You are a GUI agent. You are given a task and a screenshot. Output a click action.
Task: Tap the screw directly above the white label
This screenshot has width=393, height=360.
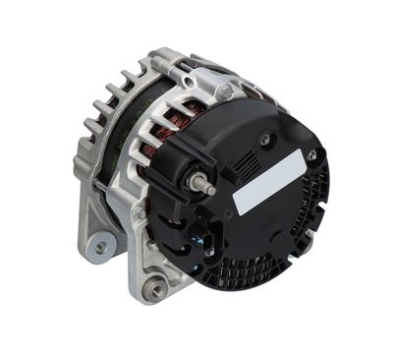tap(264, 140)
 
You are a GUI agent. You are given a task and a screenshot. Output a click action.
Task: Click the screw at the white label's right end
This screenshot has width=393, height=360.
tap(311, 155)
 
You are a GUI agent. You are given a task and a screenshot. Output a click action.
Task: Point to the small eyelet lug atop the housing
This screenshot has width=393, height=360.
tap(225, 91)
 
